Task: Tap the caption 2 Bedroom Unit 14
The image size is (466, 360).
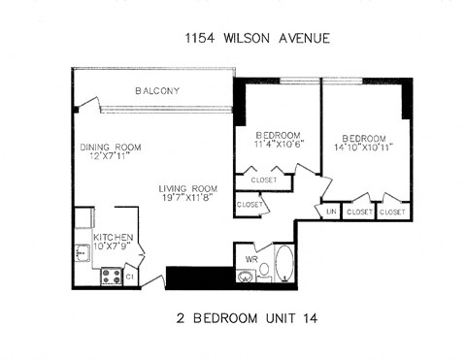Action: (235, 318)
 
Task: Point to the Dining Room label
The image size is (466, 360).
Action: (110, 147)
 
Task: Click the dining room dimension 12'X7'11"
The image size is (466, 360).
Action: (110, 157)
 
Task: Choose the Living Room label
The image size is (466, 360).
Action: (188, 188)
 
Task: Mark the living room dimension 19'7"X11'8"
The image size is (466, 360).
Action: (188, 198)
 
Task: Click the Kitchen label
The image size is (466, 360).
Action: (113, 237)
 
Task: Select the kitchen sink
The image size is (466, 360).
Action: (83, 254)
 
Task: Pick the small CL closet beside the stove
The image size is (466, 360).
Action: (130, 278)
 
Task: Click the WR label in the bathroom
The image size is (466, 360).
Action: (251, 261)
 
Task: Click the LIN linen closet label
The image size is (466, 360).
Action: (330, 211)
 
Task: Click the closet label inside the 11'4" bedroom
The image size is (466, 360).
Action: (263, 180)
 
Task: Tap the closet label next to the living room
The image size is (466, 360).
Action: (249, 205)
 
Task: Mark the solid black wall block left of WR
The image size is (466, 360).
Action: (200, 277)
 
